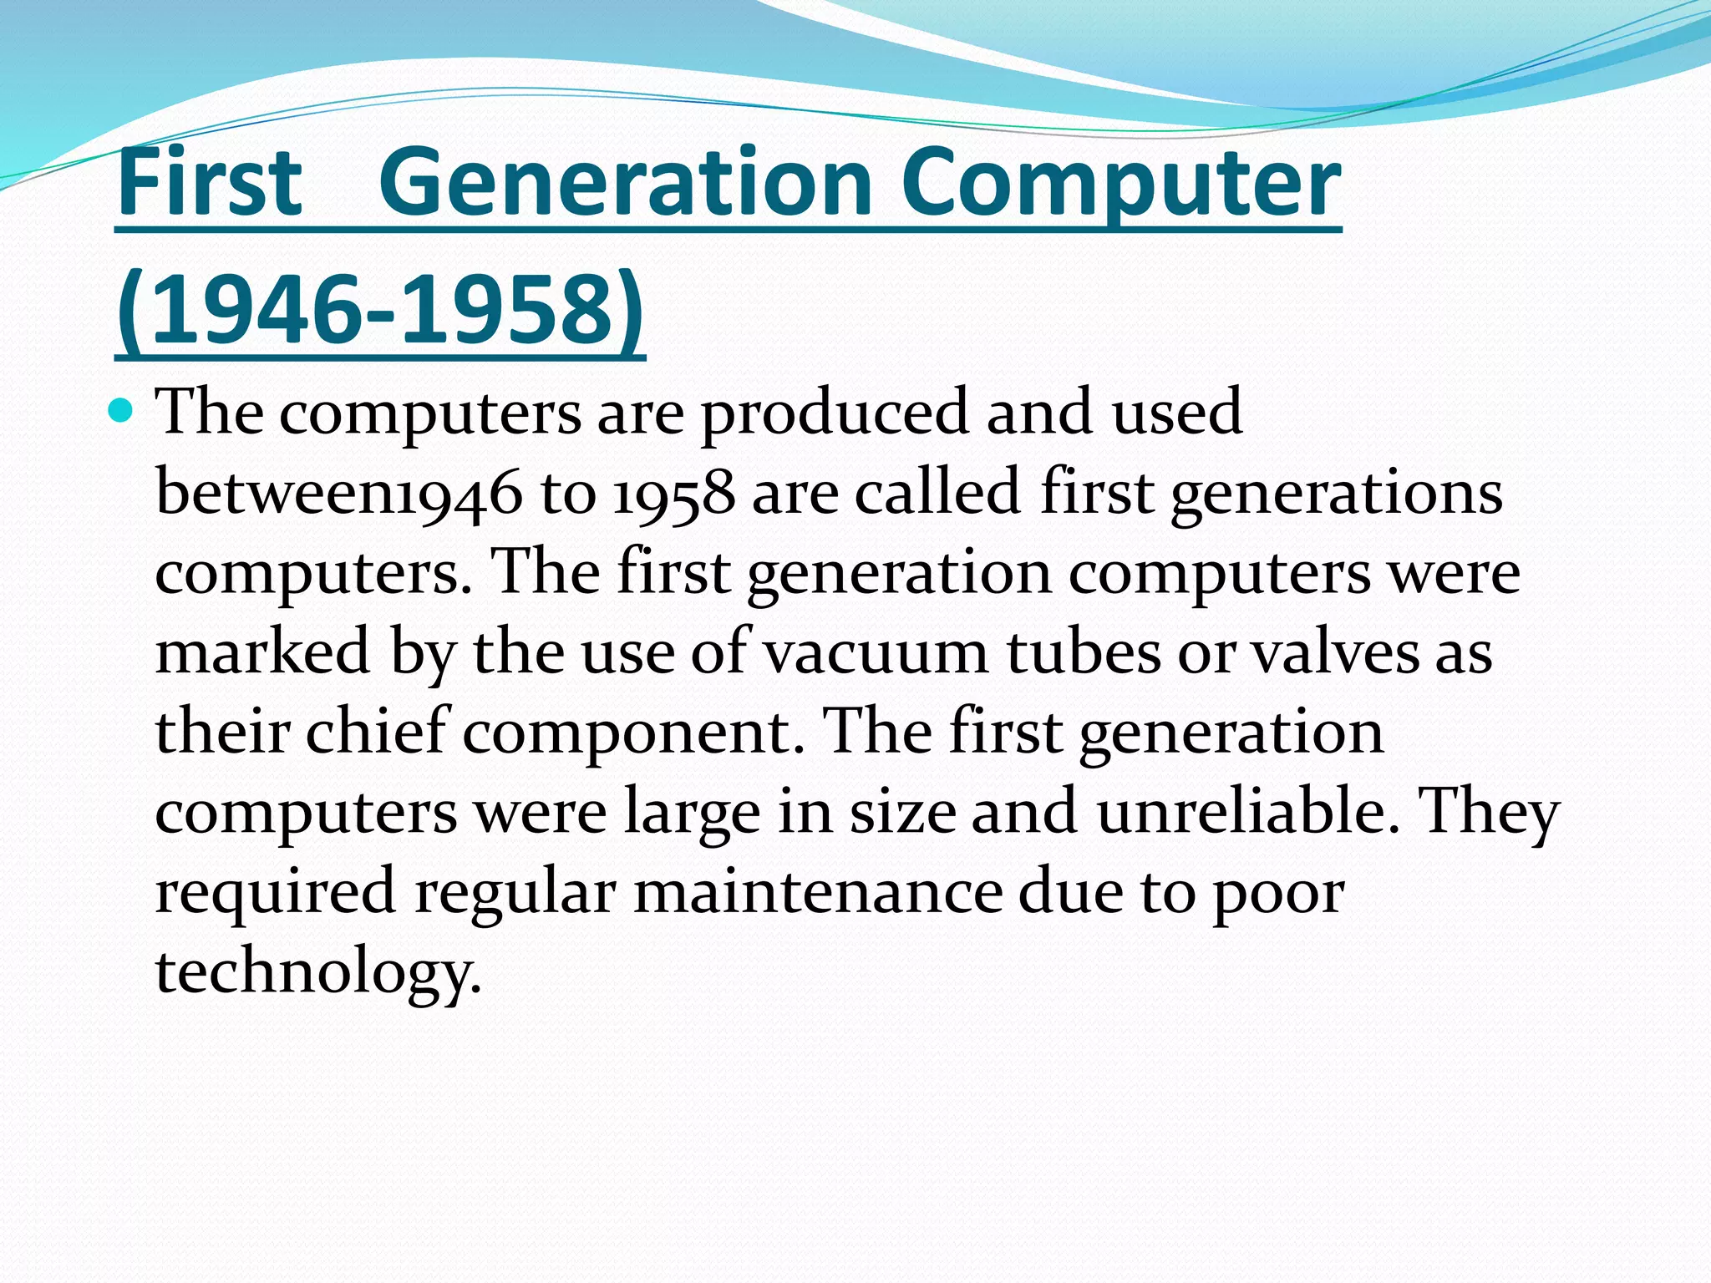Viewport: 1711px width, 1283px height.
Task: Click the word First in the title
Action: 210,182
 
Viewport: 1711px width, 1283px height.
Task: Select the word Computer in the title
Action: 1120,182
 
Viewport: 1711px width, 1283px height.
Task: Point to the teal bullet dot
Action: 122,411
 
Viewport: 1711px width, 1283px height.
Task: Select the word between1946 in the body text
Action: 339,493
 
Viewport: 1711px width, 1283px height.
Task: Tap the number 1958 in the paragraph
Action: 673,493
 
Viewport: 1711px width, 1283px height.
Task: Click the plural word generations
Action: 1336,493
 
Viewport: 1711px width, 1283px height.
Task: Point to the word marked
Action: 262,652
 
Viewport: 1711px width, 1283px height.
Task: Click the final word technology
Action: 318,972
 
